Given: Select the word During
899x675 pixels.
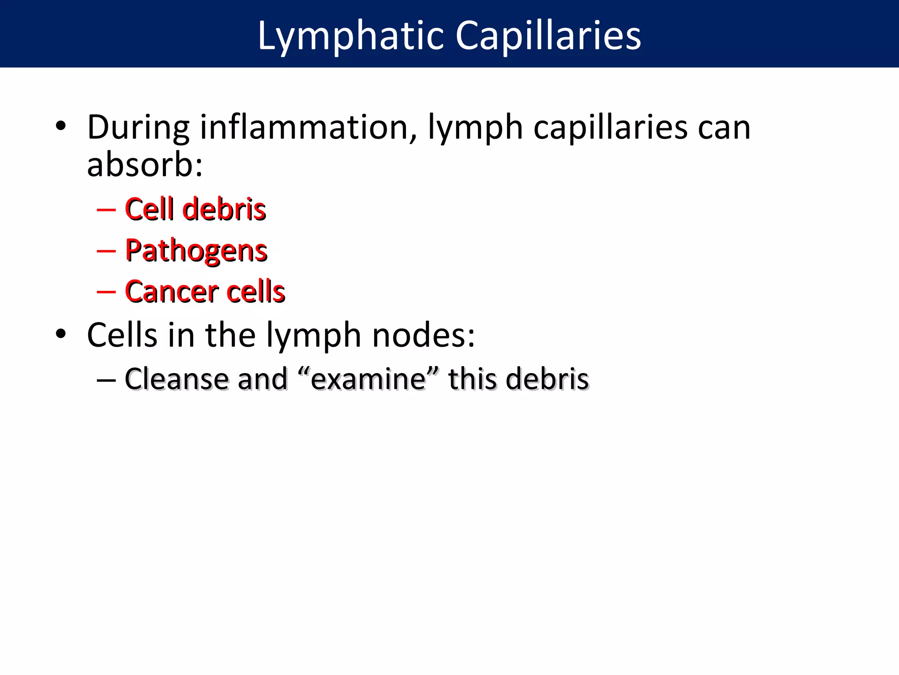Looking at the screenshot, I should click(x=138, y=127).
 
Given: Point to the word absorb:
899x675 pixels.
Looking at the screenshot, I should click(x=145, y=165).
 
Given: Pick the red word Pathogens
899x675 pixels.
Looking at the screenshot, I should click(x=196, y=250).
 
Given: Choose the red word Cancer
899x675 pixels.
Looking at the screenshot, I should click(x=172, y=292).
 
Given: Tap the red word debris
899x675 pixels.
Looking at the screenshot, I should click(x=224, y=209).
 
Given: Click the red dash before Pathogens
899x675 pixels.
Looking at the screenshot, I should click(x=106, y=251).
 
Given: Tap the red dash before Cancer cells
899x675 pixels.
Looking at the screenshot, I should click(x=106, y=292).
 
